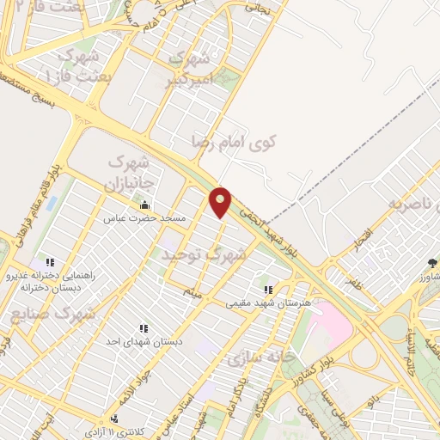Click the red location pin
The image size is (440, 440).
click(x=222, y=201)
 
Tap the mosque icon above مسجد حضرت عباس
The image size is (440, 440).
click(x=144, y=205)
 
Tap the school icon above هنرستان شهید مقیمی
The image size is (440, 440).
click(x=268, y=290)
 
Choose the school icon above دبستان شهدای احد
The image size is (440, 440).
click(x=142, y=328)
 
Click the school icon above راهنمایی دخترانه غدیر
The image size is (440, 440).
click(x=50, y=262)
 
